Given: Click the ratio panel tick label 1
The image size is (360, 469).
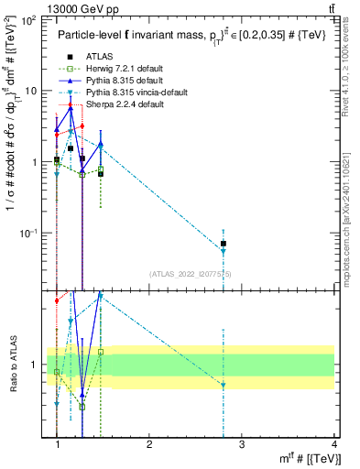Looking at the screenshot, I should [x=34, y=365].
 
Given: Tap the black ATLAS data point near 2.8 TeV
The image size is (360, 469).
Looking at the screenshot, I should [x=224, y=244].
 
